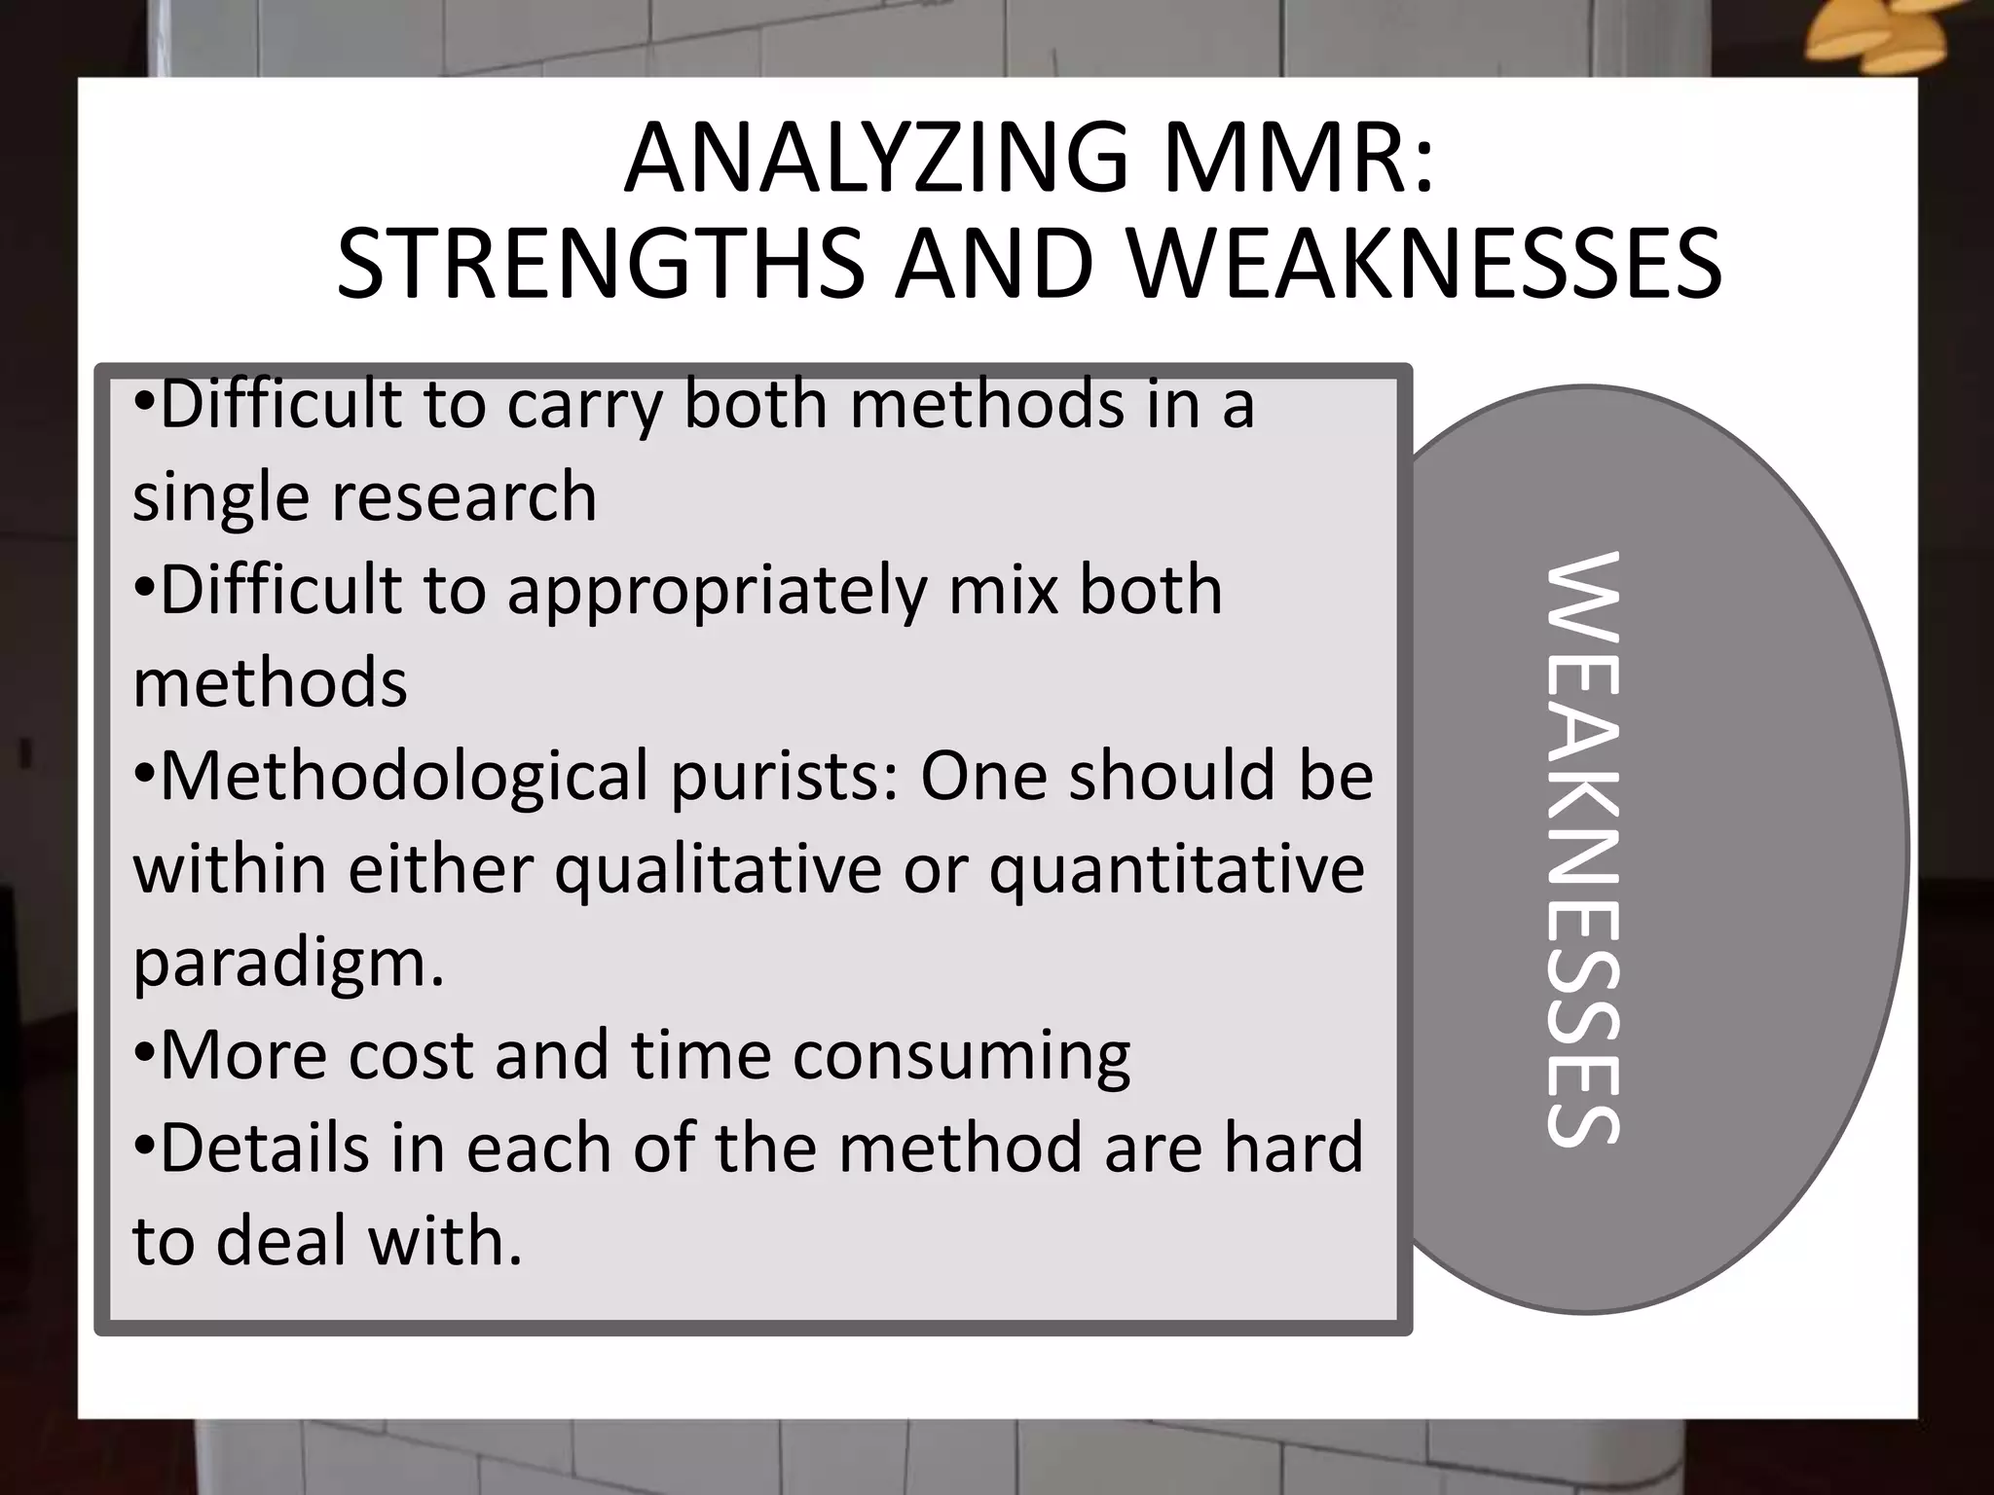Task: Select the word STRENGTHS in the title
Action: [x=599, y=264]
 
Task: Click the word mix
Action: [x=1003, y=591]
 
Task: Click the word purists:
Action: [x=784, y=777]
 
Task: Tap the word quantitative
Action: [x=1176, y=869]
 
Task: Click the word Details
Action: [x=264, y=1149]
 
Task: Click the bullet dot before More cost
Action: [x=143, y=1054]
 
